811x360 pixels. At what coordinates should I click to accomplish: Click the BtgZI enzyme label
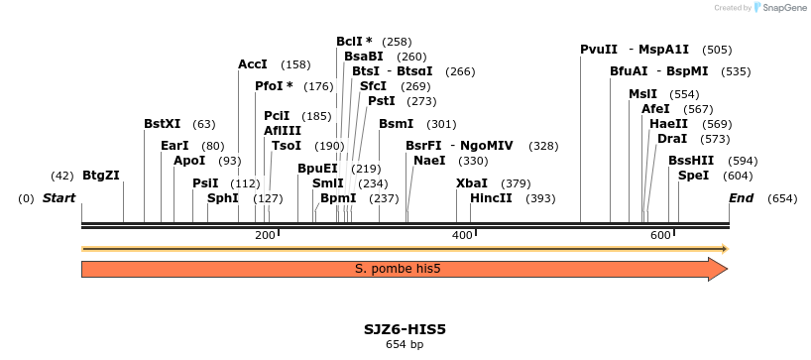click(x=101, y=176)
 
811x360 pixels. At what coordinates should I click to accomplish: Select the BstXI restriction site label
click(x=163, y=124)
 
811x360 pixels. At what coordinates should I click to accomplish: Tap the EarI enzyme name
click(x=174, y=146)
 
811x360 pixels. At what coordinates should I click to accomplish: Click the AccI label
click(x=253, y=64)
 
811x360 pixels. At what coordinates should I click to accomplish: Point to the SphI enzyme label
click(x=223, y=198)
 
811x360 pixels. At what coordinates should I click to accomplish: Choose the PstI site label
click(x=382, y=101)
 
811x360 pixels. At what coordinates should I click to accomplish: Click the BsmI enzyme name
click(x=397, y=124)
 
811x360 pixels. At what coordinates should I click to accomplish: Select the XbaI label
click(x=472, y=183)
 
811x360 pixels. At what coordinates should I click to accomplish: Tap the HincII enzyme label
click(x=492, y=198)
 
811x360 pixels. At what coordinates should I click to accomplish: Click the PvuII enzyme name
click(x=599, y=50)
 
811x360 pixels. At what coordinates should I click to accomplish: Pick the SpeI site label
click(x=694, y=176)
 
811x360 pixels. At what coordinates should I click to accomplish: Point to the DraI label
click(x=672, y=139)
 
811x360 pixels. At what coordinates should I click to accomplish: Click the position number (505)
click(x=717, y=50)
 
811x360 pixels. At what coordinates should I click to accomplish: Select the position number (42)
click(x=62, y=176)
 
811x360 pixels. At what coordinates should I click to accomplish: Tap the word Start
click(x=58, y=198)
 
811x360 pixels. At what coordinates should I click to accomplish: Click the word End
click(x=742, y=198)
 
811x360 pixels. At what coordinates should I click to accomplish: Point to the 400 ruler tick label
click(x=462, y=235)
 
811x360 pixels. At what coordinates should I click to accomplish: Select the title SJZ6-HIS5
click(x=405, y=328)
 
